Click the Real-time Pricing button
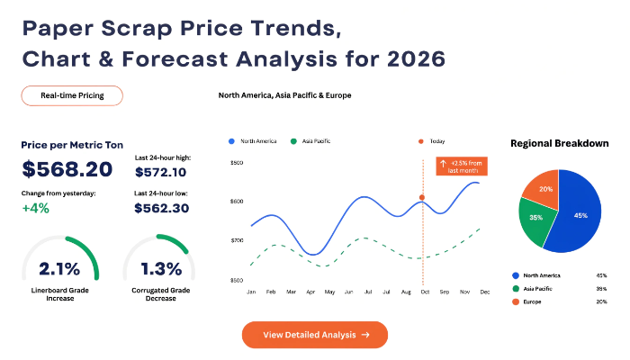(x=72, y=95)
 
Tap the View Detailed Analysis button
(x=315, y=335)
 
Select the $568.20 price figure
(x=67, y=169)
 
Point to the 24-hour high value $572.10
(x=161, y=173)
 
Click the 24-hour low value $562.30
(x=161, y=208)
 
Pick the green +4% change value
(x=35, y=208)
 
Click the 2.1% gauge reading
(x=59, y=269)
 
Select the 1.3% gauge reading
(x=161, y=269)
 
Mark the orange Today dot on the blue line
(x=422, y=197)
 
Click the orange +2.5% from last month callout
(x=462, y=166)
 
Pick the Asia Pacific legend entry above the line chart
(x=310, y=141)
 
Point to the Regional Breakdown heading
(x=559, y=143)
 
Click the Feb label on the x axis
(x=271, y=292)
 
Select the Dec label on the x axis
(x=485, y=292)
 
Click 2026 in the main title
(x=416, y=59)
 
